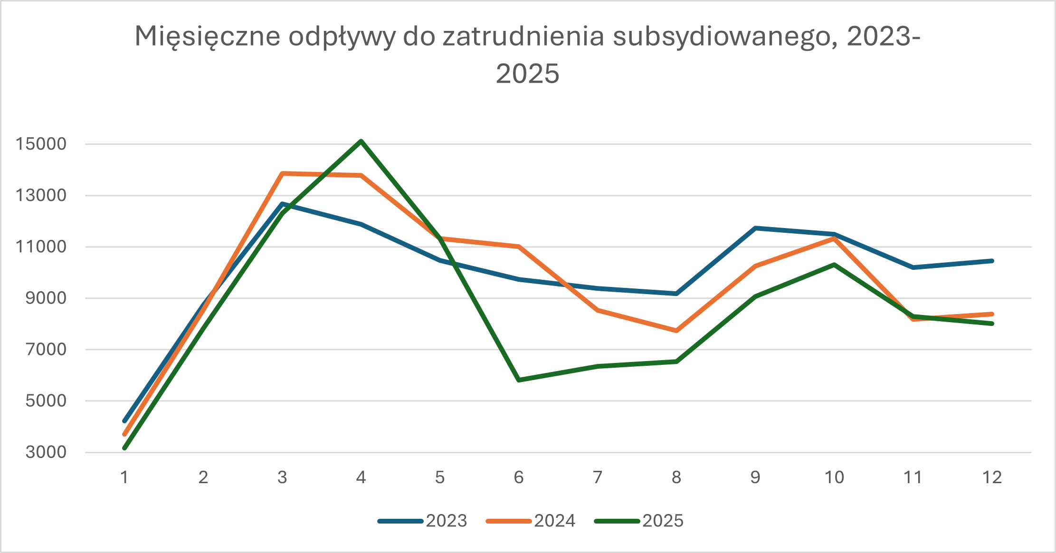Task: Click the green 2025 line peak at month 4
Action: pos(361,141)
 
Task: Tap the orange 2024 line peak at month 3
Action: pos(283,173)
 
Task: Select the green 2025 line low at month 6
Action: pos(519,380)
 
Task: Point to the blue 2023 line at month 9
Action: pos(755,228)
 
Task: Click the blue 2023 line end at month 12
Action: pos(992,261)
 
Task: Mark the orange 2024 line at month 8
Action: pos(676,331)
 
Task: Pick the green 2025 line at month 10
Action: pos(834,265)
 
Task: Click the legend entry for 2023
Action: pos(423,521)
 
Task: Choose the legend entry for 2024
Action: pos(531,521)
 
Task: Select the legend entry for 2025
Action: pos(639,521)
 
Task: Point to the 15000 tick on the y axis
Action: pos(41,144)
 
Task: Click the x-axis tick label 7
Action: pos(598,477)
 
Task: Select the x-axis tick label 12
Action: pos(992,477)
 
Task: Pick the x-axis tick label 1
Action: pos(124,477)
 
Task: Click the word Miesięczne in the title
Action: pos(208,37)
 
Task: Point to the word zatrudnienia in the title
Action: pos(523,37)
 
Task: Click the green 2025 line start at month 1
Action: pos(124,448)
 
